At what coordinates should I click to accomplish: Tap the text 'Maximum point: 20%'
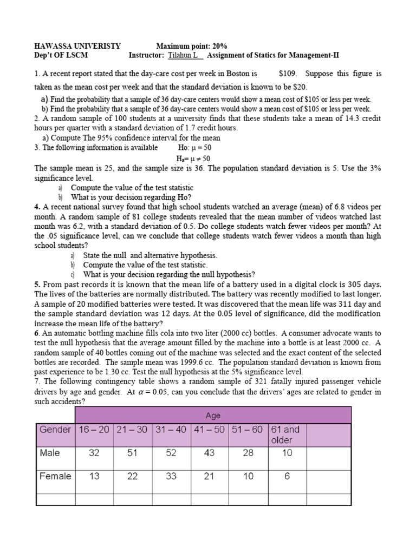pyautogui.click(x=192, y=47)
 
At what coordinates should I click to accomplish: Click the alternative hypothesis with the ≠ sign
pyautogui.click(x=193, y=158)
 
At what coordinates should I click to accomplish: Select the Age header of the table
pyautogui.click(x=213, y=415)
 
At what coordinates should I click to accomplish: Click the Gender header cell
pyautogui.click(x=55, y=430)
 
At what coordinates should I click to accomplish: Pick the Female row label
pyautogui.click(x=55, y=476)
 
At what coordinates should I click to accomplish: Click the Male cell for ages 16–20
pyautogui.click(x=94, y=453)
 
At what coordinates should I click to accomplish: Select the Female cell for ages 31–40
pyautogui.click(x=171, y=477)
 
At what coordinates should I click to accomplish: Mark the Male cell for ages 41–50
pyautogui.click(x=209, y=453)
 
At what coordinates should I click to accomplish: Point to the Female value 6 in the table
pyautogui.click(x=287, y=477)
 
